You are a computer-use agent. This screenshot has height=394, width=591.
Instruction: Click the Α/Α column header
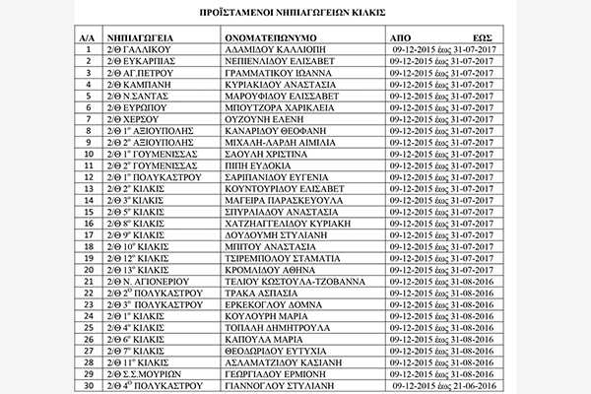pos(88,33)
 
